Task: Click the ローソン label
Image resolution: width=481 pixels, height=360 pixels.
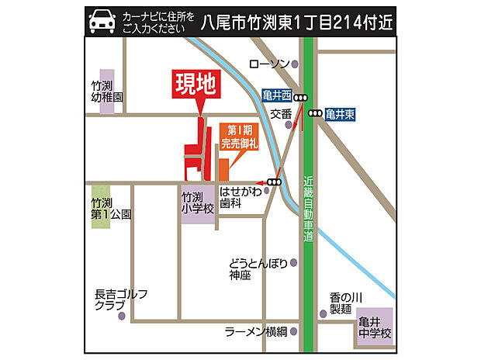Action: [269, 64]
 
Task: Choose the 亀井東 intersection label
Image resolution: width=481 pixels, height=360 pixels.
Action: [341, 113]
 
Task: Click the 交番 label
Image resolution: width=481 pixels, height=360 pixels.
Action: [280, 113]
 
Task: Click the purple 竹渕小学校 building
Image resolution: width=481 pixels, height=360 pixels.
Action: [198, 202]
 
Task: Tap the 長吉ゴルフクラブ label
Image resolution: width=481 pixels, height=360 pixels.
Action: [120, 300]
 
